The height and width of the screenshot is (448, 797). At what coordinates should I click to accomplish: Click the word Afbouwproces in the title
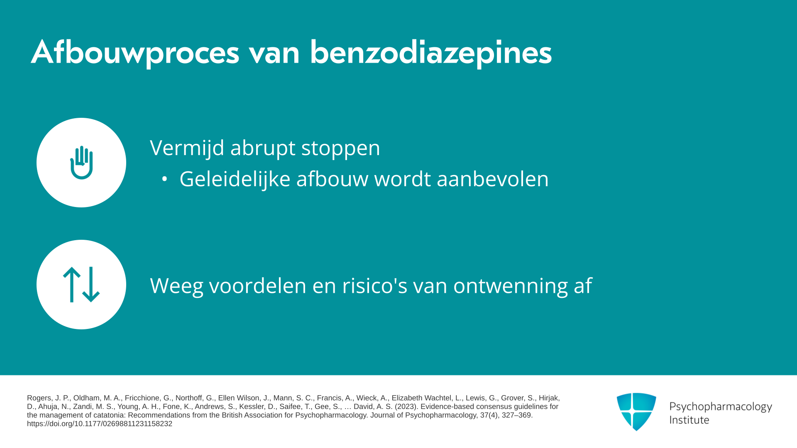135,53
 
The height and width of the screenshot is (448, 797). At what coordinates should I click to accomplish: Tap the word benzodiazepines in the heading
431,53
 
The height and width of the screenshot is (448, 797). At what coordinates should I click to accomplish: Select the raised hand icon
81,163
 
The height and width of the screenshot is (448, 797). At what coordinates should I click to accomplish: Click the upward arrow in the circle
72,285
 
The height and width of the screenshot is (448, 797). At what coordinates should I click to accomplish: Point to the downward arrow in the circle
91,285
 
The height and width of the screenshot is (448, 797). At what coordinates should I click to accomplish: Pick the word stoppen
340,149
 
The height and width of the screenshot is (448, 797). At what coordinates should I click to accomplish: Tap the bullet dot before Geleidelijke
164,179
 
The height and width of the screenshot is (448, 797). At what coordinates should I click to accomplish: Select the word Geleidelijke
235,179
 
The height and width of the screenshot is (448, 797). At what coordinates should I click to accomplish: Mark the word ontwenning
511,286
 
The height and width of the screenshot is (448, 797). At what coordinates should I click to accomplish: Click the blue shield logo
636,411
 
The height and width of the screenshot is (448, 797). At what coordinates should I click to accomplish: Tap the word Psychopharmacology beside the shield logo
721,407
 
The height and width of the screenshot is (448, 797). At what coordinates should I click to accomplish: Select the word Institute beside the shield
689,420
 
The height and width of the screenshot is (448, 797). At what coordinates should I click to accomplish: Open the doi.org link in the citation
100,424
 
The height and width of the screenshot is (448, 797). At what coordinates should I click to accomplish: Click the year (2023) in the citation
406,407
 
